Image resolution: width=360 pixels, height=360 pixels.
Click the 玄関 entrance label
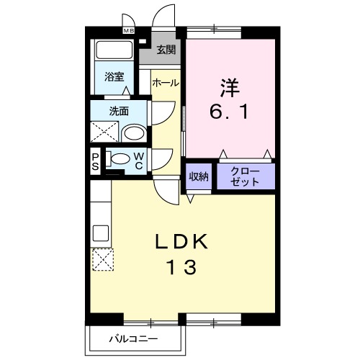166,50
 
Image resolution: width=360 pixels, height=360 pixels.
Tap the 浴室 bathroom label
114,76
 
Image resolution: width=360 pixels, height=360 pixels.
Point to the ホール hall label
165,84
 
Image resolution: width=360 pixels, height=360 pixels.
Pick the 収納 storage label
199,177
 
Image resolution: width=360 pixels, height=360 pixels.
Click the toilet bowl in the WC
120,159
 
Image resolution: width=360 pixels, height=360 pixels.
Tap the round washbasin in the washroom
132,133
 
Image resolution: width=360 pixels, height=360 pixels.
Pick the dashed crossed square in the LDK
102,258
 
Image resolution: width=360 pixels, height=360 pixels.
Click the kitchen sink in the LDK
100,233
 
